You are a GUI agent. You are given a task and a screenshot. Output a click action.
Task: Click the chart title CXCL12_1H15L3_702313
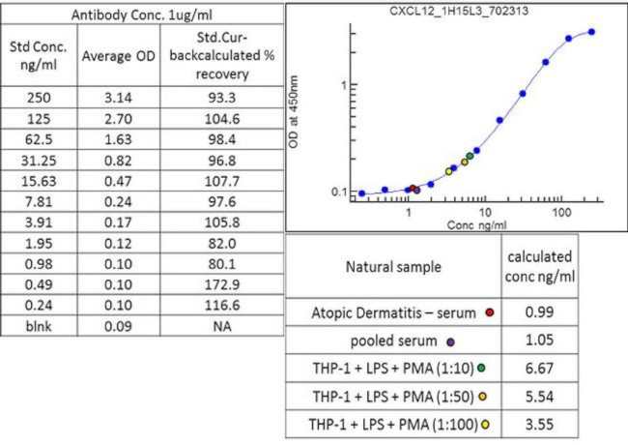click(x=457, y=11)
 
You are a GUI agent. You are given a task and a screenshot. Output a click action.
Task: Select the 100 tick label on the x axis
click(x=558, y=211)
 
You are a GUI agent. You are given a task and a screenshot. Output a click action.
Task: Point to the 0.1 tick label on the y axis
click(x=338, y=192)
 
